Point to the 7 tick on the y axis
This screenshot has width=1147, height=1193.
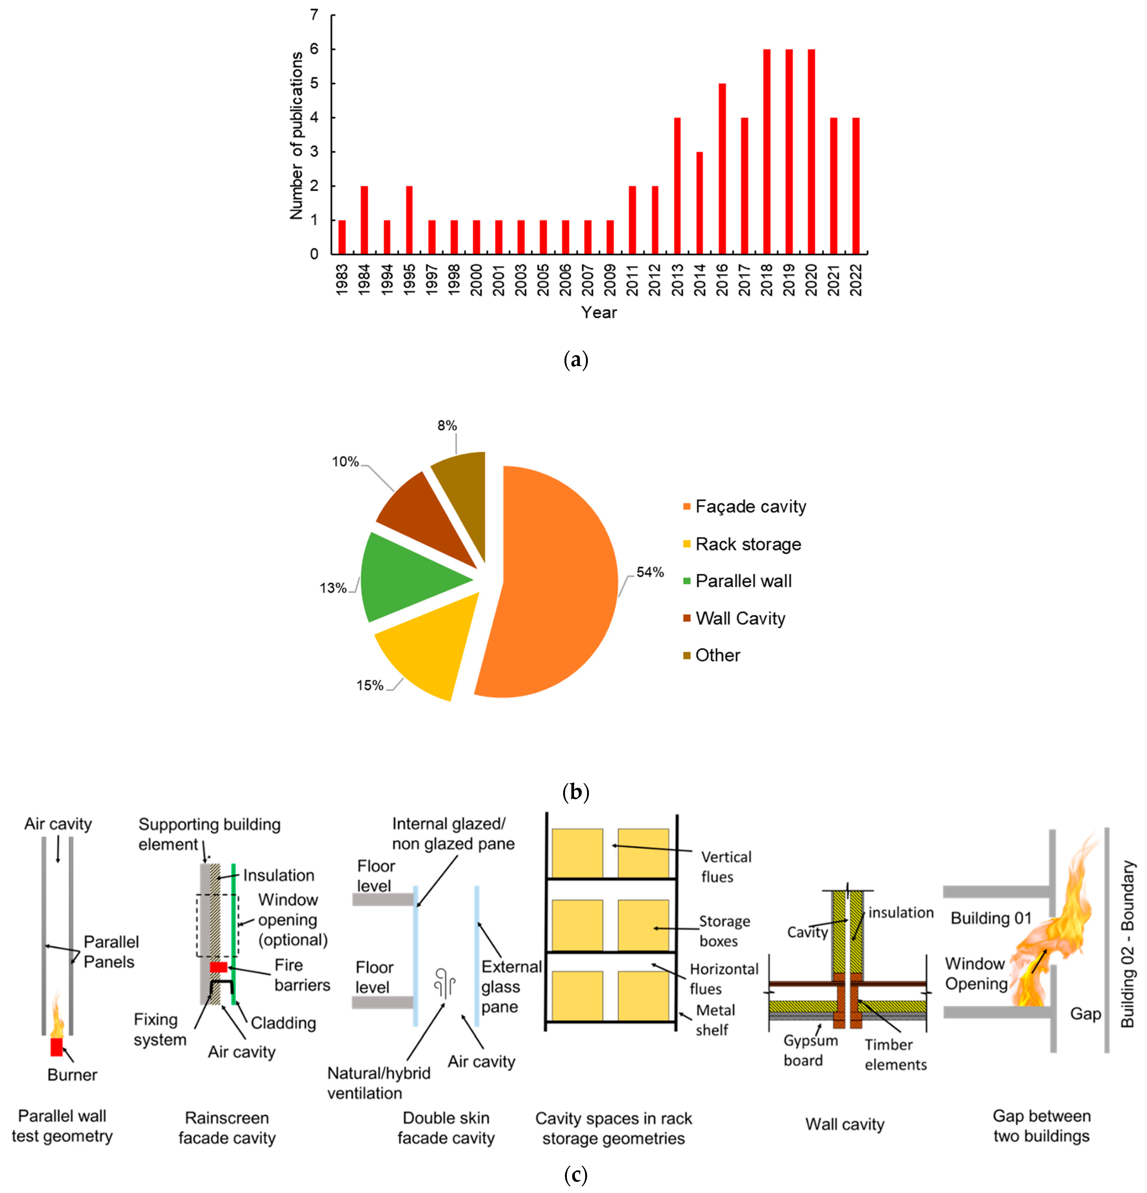point(314,15)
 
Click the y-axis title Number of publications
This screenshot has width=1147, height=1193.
point(296,135)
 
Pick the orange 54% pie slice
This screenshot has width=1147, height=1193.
point(554,584)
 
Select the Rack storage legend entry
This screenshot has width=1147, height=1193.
point(748,544)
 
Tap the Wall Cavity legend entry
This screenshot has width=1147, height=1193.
point(740,618)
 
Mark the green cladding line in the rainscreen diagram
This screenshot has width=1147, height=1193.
point(233,931)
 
